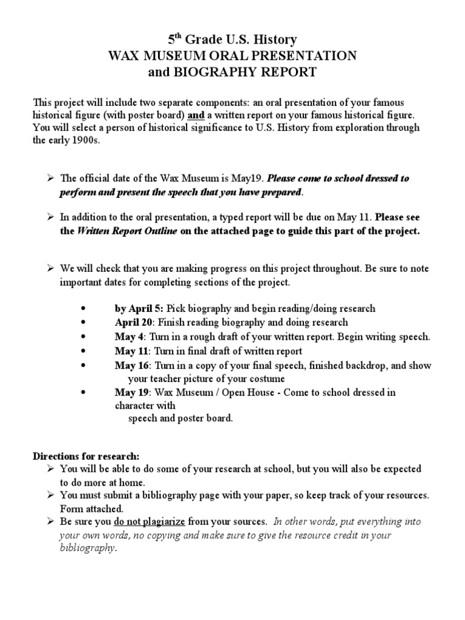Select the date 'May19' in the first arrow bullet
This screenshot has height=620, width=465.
tap(251, 179)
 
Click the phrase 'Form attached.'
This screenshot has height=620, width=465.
tap(91, 509)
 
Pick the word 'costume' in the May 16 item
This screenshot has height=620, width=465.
tap(269, 378)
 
